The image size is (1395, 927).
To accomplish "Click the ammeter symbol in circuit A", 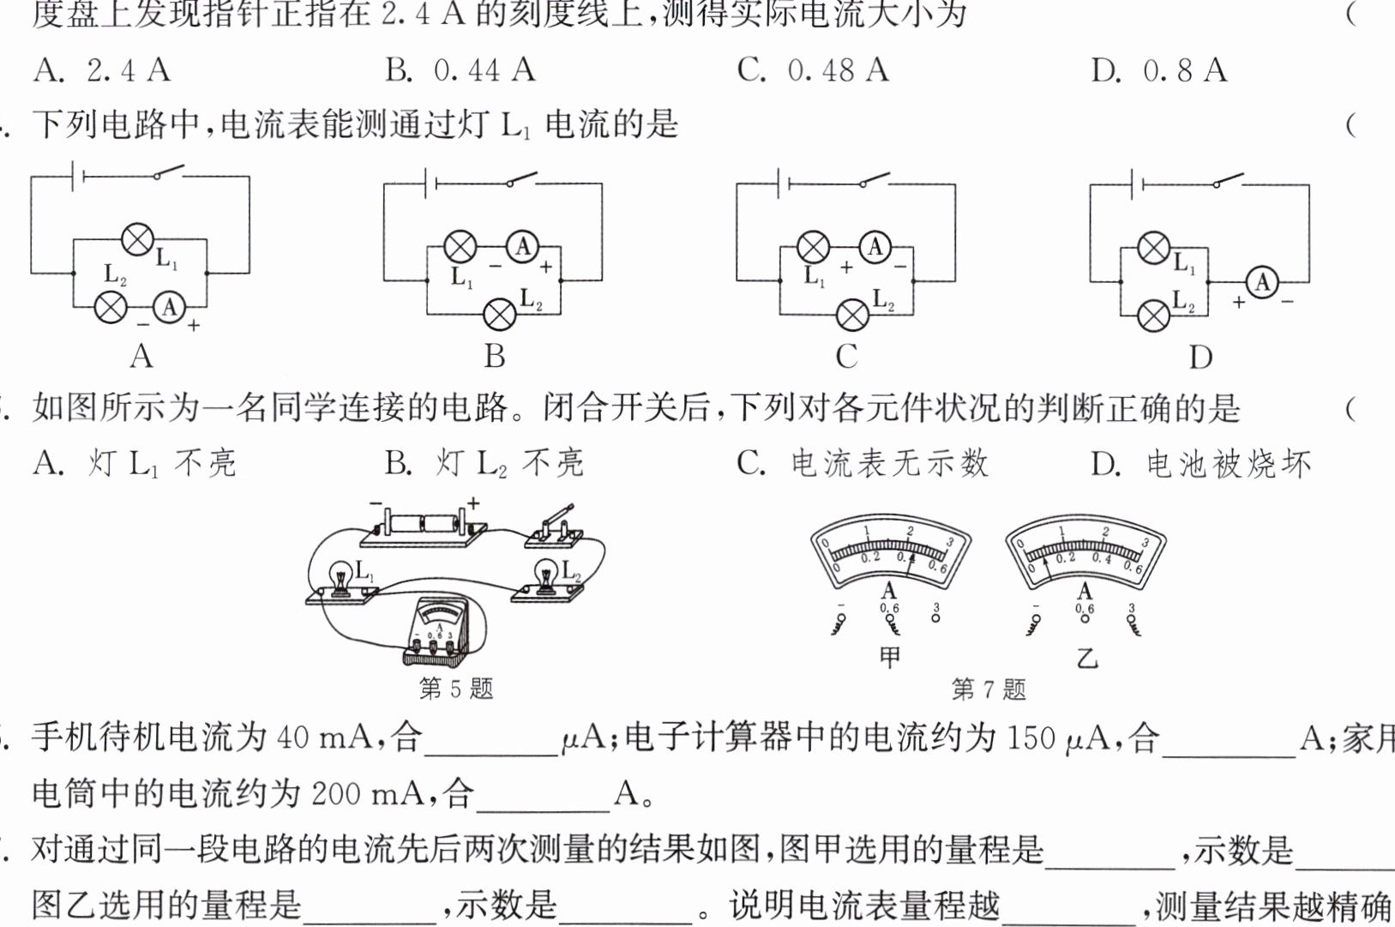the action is (170, 307).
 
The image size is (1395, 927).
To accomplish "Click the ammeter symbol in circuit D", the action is (1261, 282).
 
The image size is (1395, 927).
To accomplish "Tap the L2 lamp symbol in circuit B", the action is (500, 314).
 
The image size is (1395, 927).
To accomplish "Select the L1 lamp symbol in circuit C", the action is (813, 248).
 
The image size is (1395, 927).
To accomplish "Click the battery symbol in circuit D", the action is (1138, 184).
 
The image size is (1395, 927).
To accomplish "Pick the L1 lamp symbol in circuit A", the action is (137, 239).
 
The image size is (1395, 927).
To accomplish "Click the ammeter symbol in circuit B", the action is (522, 248).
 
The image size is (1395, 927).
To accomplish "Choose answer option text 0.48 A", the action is (838, 70).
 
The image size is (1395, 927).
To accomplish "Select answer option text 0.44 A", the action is (484, 70).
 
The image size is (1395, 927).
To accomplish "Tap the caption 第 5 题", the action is (455, 688).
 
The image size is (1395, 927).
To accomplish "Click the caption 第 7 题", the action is (988, 689).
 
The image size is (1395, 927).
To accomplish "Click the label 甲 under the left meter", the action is (890, 658).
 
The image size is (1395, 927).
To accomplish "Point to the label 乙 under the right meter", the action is (1086, 659).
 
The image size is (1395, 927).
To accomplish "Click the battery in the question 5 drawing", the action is (424, 522).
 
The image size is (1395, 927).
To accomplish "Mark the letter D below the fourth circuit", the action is (1200, 357).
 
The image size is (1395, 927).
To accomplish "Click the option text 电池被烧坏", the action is (1229, 464).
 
